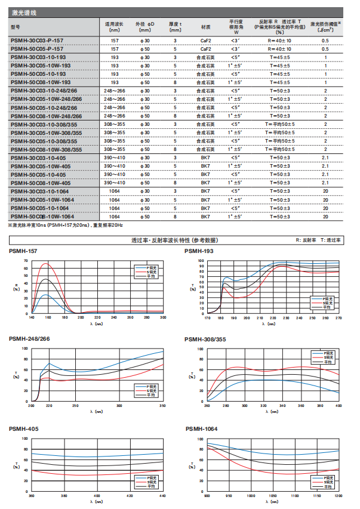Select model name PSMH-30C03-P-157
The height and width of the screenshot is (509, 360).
point(37,41)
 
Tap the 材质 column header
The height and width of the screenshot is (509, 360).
point(205,27)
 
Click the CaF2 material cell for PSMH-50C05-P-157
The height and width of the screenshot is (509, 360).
point(205,48)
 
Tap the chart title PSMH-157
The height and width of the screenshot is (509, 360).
point(24,252)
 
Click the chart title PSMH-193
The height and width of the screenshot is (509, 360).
point(200,252)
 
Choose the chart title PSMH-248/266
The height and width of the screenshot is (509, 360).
point(29,338)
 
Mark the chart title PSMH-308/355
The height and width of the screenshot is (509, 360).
point(205,338)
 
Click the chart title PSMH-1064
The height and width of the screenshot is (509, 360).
point(202,428)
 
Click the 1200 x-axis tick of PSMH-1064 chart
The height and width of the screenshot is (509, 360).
point(339,496)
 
